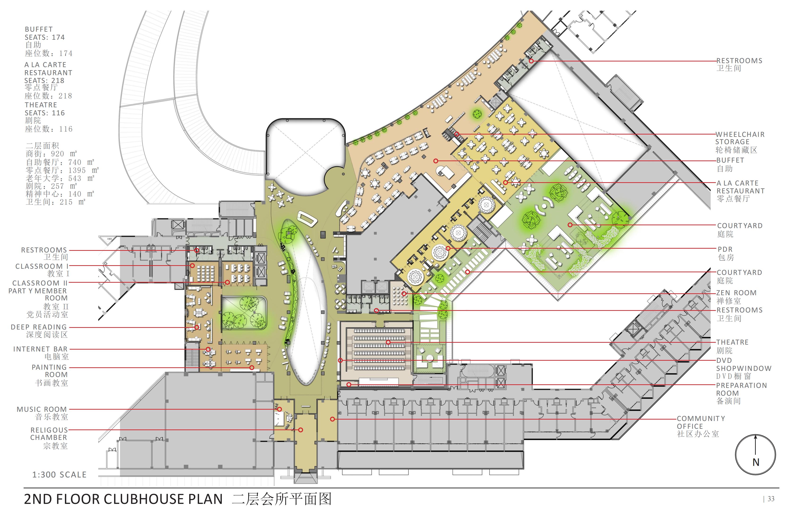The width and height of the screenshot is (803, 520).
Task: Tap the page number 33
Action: (x=771, y=499)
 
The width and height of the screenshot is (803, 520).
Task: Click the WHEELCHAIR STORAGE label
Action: (x=740, y=138)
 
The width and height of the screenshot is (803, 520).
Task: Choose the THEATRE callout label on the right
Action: (x=732, y=342)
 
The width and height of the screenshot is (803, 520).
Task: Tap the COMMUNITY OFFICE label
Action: (x=701, y=422)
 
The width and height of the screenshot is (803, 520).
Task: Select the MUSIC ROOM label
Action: (x=42, y=409)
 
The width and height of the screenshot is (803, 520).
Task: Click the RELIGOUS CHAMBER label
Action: (x=49, y=434)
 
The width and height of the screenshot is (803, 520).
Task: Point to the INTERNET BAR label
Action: (x=40, y=349)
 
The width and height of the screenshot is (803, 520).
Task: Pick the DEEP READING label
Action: (x=39, y=327)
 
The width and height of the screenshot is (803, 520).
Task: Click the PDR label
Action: (x=725, y=249)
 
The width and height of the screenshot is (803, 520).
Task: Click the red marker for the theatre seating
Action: (x=388, y=342)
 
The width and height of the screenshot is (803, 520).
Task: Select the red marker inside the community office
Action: (x=332, y=419)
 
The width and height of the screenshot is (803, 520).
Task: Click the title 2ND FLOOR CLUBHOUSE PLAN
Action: (x=124, y=499)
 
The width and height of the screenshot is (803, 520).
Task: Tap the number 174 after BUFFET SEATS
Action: (x=58, y=37)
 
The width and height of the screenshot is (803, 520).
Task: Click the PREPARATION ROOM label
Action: (x=742, y=389)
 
